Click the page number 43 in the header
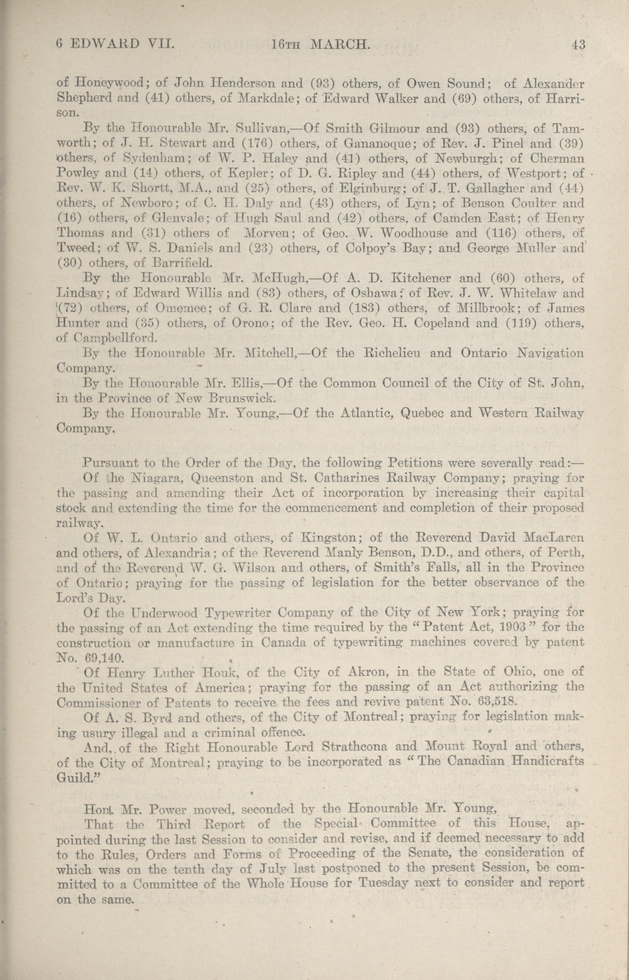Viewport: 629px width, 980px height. tap(579, 44)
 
